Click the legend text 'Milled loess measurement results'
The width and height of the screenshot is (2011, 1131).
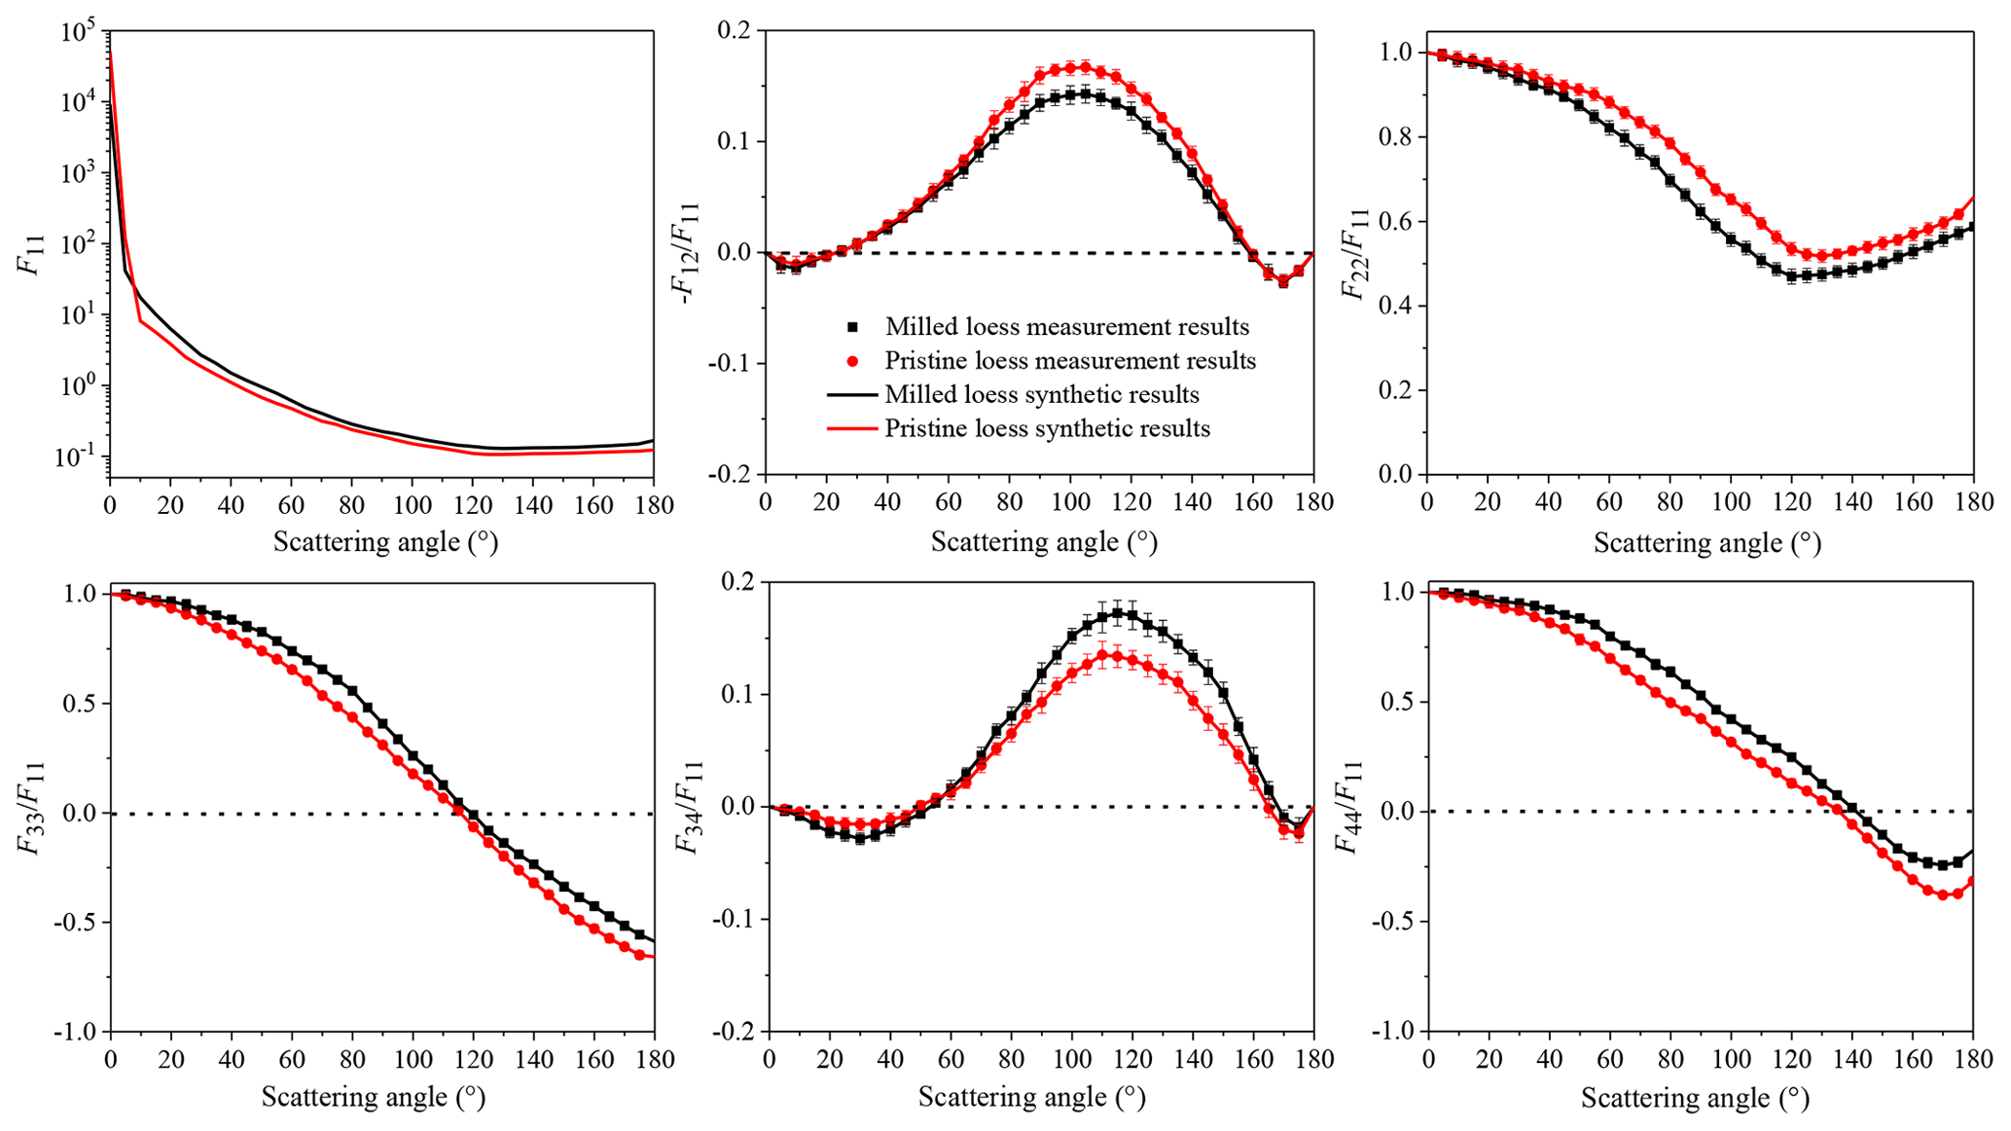pos(1066,326)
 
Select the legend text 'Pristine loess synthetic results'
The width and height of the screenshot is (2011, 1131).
pos(1047,428)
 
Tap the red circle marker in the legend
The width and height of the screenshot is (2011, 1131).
pos(852,361)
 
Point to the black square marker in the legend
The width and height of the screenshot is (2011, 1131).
pos(852,327)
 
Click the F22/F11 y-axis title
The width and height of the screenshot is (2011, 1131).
pos(1353,253)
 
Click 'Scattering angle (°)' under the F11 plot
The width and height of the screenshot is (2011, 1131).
pos(385,541)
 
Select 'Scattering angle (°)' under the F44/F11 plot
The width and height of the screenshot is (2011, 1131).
pos(1695,1098)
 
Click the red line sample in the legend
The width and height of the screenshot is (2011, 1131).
pos(852,428)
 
